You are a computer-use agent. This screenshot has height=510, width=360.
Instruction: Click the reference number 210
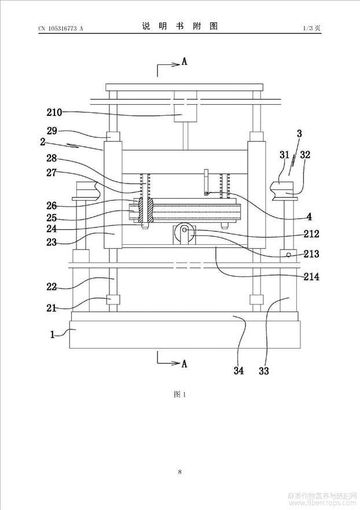[x=54, y=112]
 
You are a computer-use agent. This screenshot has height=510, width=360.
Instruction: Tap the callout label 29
[x=52, y=131]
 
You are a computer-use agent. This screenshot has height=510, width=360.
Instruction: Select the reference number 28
[x=52, y=159]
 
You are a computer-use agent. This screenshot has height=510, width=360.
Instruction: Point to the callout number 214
[x=311, y=277]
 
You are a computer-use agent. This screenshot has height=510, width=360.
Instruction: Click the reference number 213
[x=311, y=254]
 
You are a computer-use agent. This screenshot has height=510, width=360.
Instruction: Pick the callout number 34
[x=238, y=370]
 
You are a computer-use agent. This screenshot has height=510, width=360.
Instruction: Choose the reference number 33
[x=264, y=370]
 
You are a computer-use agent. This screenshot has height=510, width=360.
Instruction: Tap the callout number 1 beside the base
[x=52, y=335]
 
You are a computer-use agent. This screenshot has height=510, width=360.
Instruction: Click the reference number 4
[x=309, y=217]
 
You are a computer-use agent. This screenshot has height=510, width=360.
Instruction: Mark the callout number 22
[x=52, y=287]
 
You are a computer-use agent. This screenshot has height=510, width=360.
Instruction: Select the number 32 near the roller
[x=305, y=155]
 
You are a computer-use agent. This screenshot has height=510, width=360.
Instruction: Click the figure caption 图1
[x=179, y=395]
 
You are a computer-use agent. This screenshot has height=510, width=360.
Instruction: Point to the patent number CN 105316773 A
[x=61, y=28]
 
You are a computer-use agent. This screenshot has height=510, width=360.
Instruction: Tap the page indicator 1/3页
[x=312, y=28]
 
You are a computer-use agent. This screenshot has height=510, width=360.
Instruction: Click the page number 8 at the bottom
[x=180, y=472]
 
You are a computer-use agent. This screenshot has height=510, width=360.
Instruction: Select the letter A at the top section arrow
[x=185, y=61]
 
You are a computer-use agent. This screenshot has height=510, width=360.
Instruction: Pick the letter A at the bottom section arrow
[x=185, y=364]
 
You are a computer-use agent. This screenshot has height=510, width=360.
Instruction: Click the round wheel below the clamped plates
[x=185, y=233]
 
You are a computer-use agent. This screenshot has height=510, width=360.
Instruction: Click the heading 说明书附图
[x=180, y=27]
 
